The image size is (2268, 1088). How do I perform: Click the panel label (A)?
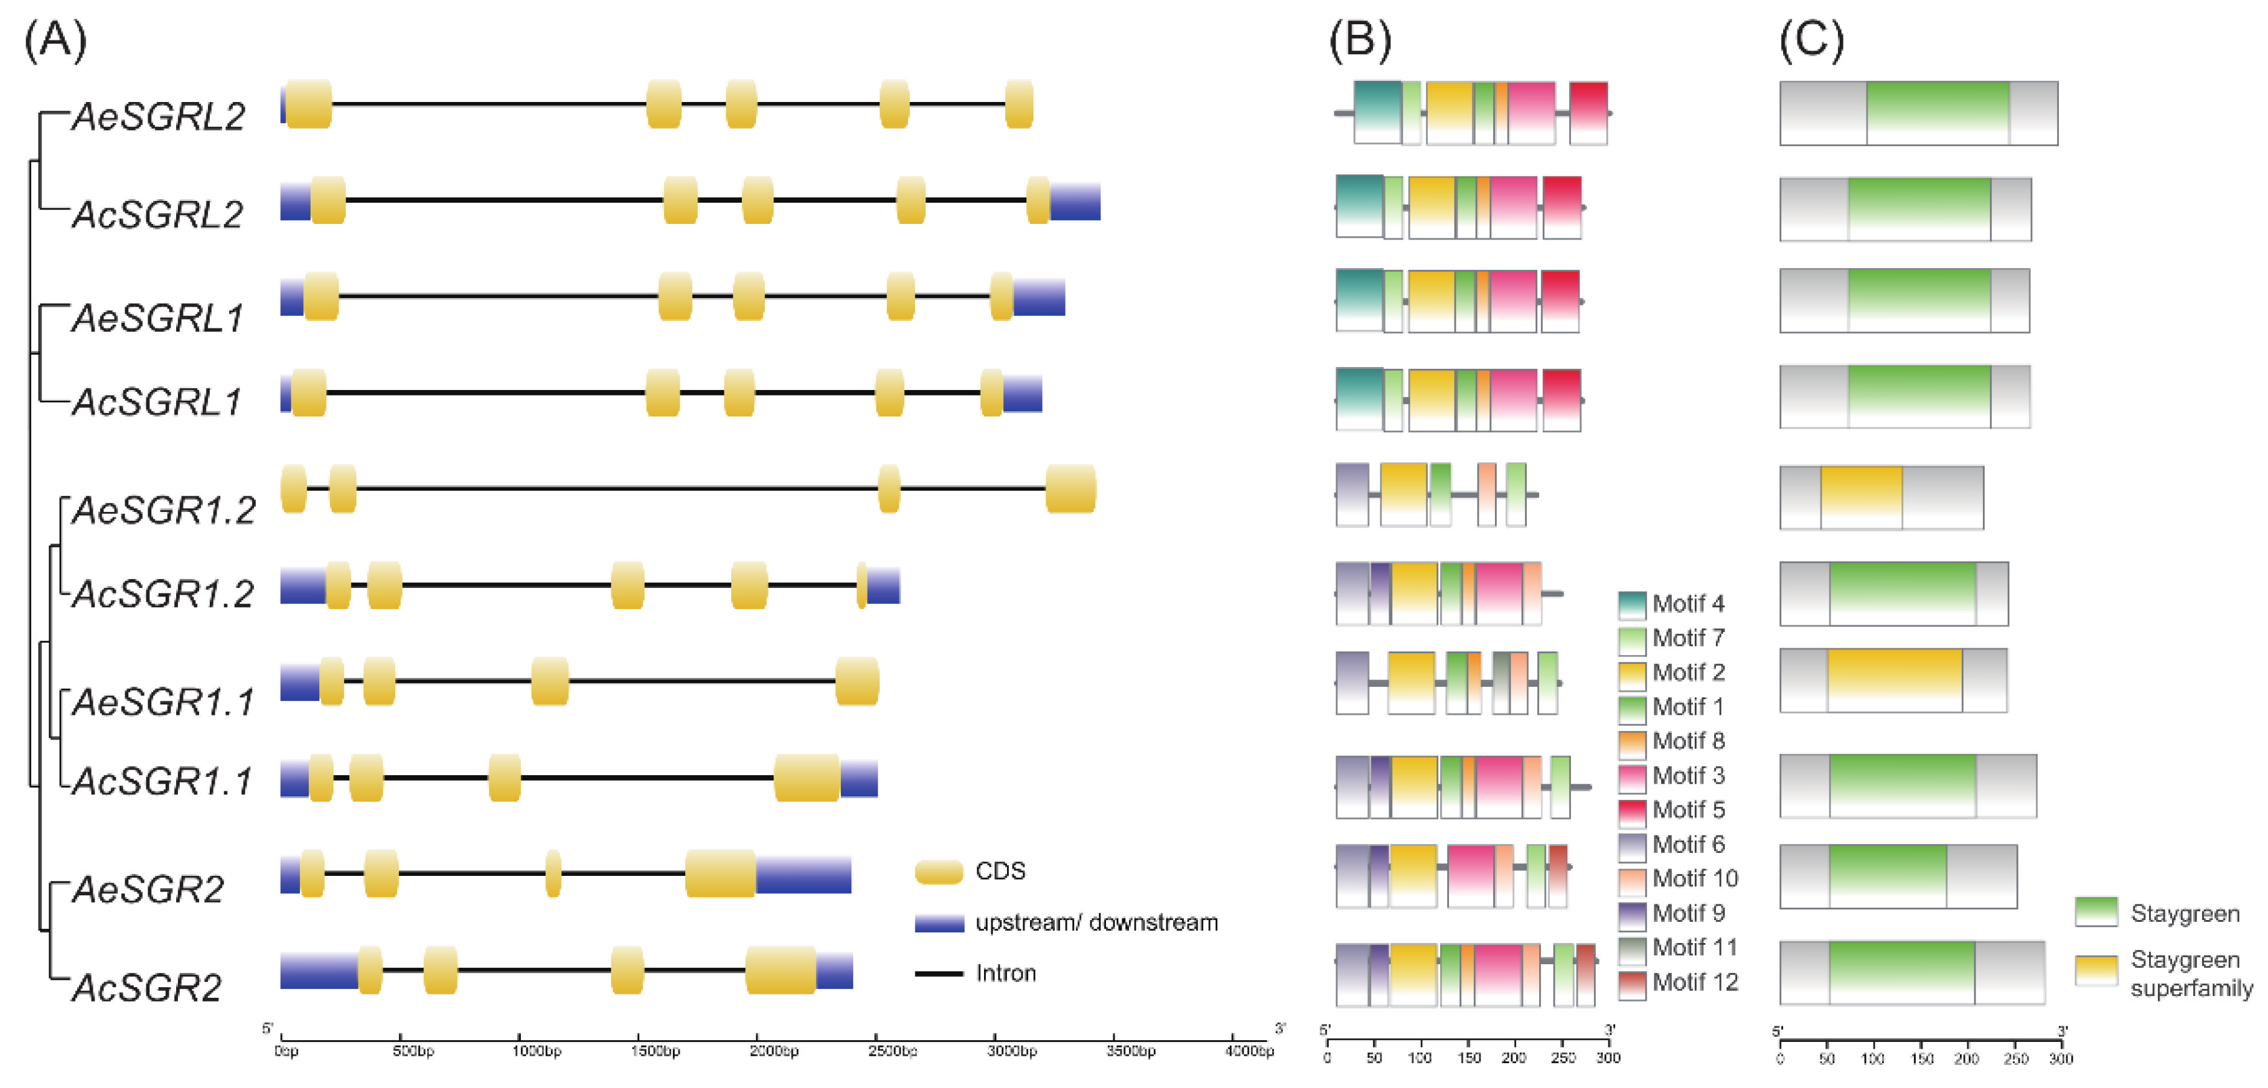tap(55, 40)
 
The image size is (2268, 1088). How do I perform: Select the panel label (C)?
tap(1811, 40)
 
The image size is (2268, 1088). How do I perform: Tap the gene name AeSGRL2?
tap(159, 117)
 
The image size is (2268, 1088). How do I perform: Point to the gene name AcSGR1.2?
tap(164, 594)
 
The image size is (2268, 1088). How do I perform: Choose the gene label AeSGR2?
tap(149, 890)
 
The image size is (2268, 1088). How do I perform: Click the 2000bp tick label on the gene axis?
tap(774, 1052)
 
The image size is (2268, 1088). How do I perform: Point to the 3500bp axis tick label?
tap(1130, 1052)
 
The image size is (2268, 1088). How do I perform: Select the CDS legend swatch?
tap(939, 872)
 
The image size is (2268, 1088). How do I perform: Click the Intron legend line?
tap(939, 974)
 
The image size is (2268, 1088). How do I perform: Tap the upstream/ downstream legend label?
tap(1096, 923)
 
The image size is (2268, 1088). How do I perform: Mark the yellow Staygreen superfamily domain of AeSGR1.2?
tap(1861, 498)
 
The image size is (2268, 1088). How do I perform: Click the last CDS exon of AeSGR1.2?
tap(1071, 488)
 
